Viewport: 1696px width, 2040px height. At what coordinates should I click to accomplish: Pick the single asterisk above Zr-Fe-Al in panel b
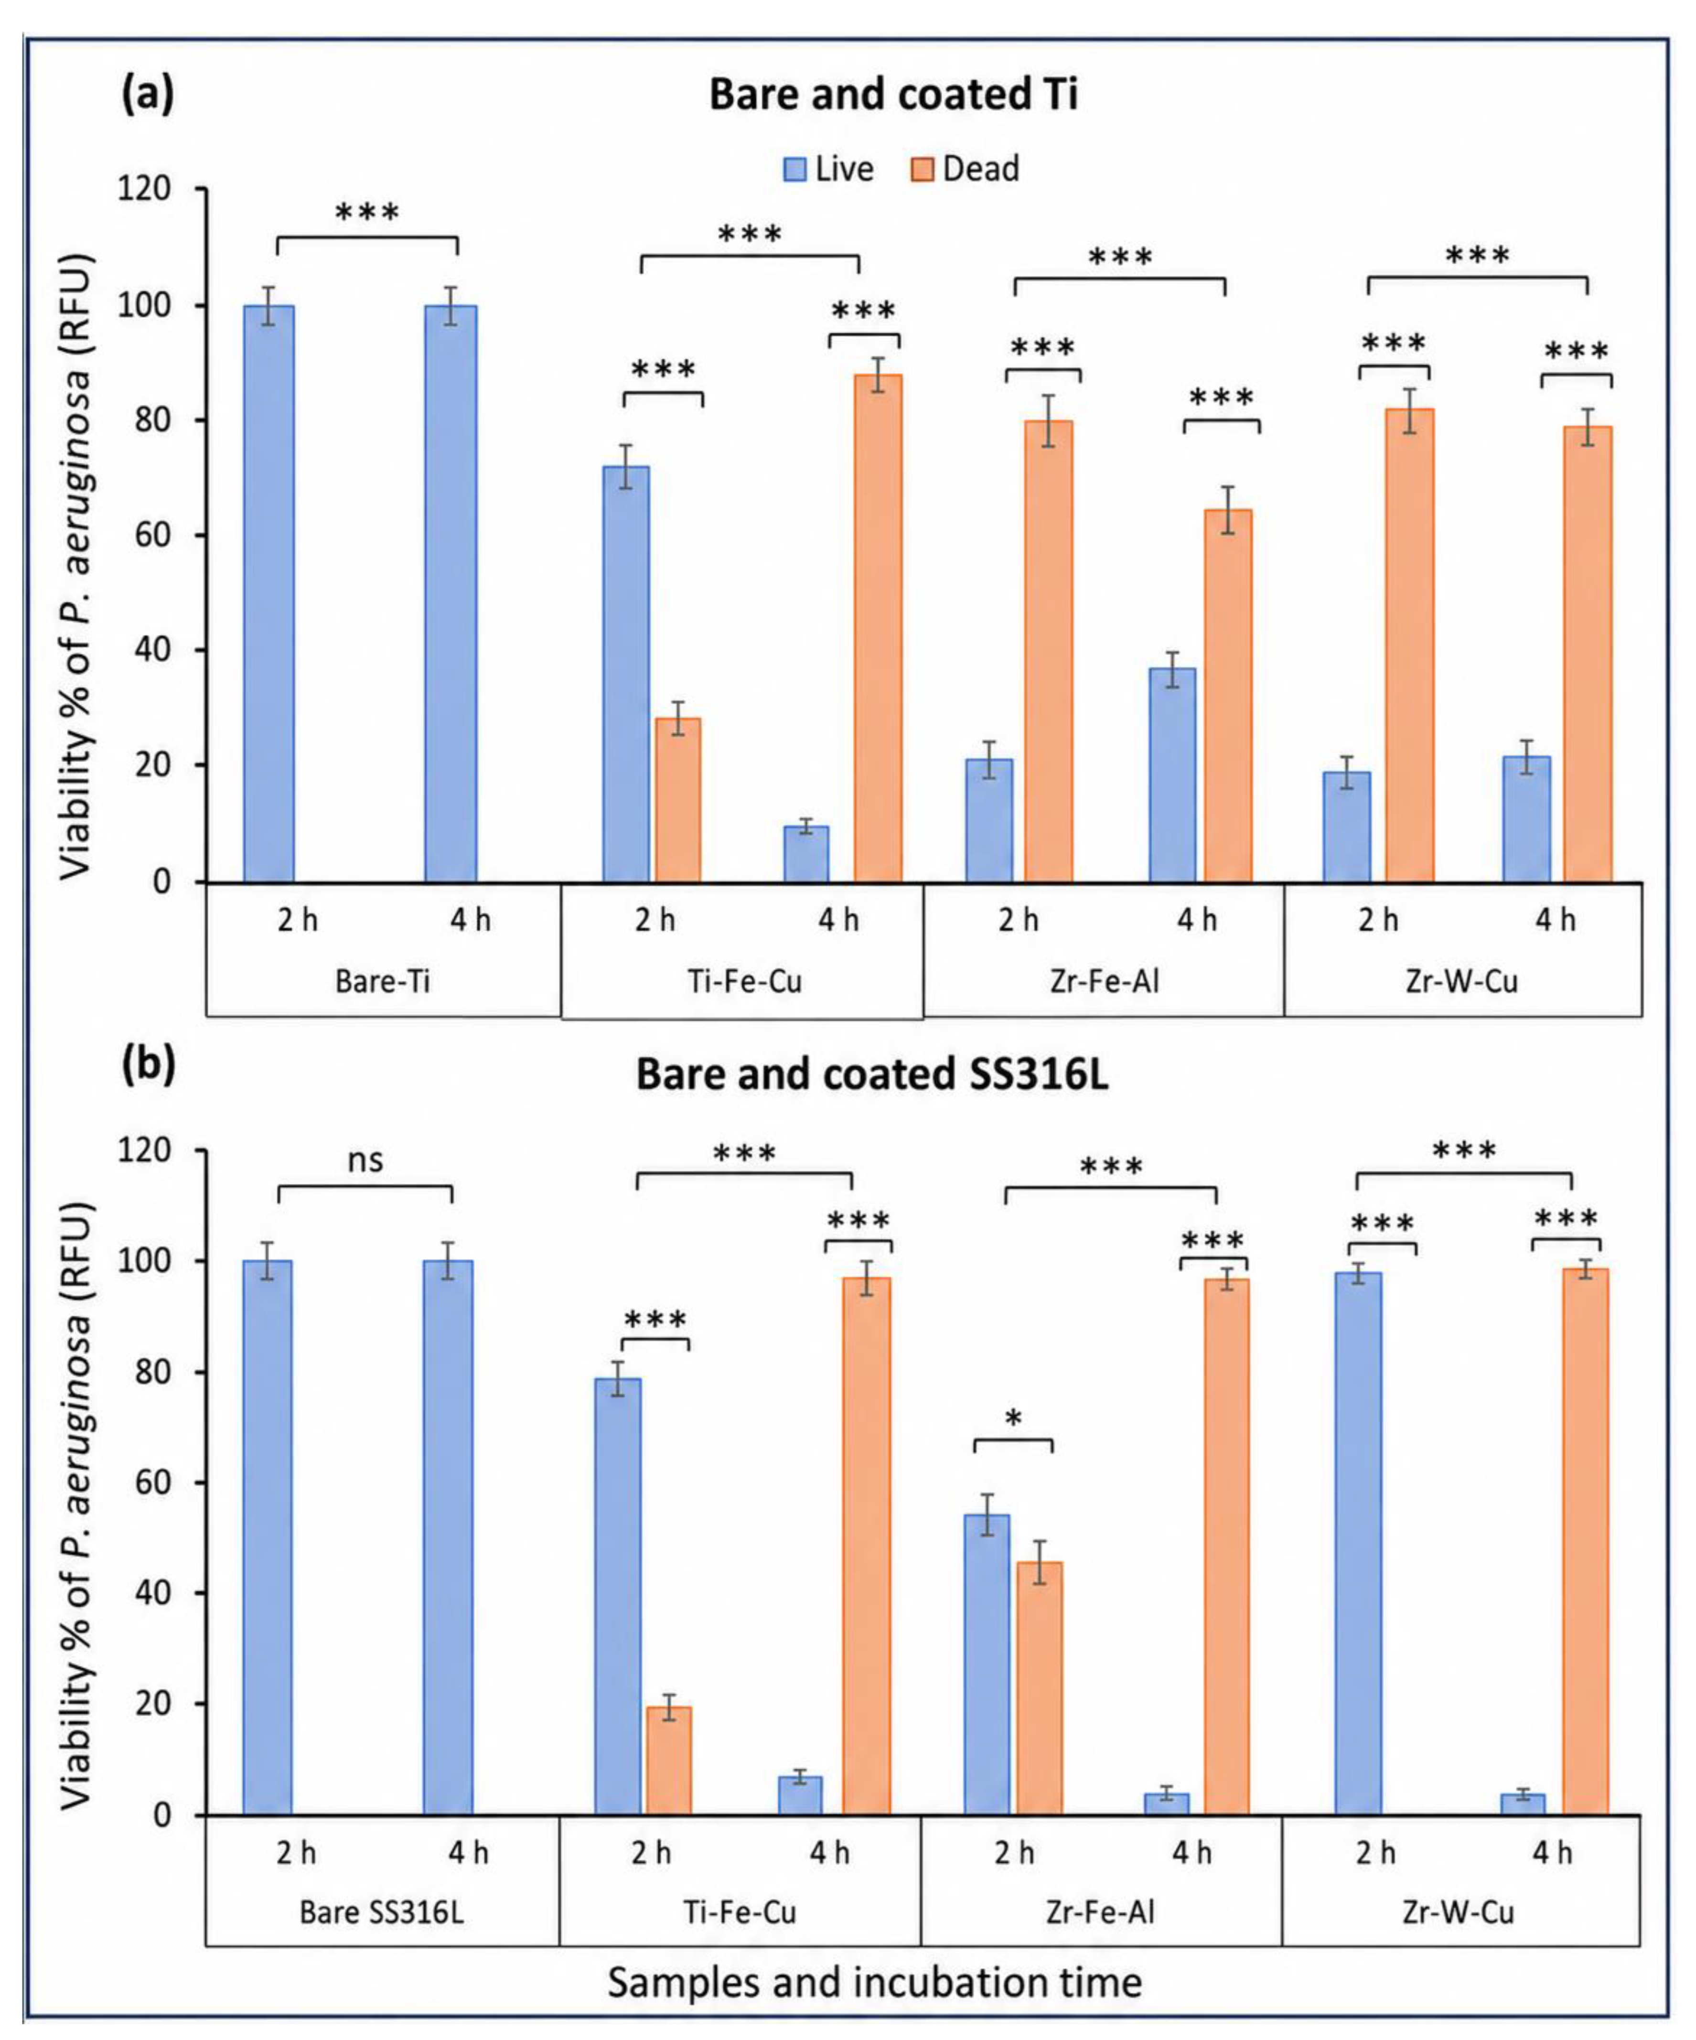click(1013, 1419)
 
